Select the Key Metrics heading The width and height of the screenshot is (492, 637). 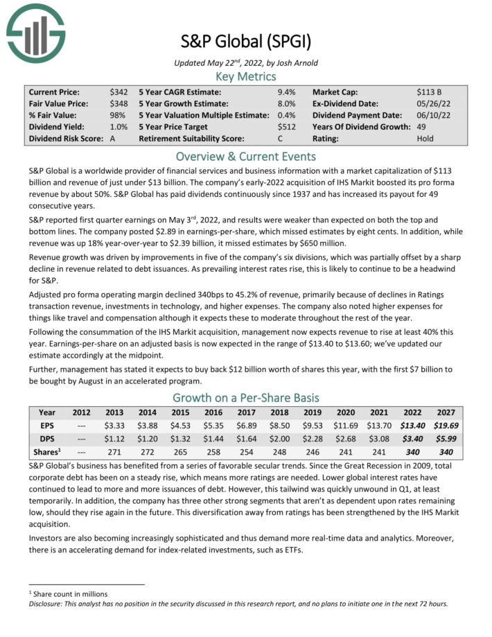click(x=246, y=76)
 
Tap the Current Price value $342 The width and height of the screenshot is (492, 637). click(x=118, y=92)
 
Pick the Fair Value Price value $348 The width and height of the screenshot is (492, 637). click(x=118, y=104)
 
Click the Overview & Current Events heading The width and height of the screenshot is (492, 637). click(x=246, y=156)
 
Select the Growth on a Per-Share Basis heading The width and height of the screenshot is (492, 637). click(x=246, y=398)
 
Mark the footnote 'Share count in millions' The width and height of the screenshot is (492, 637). click(x=69, y=594)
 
